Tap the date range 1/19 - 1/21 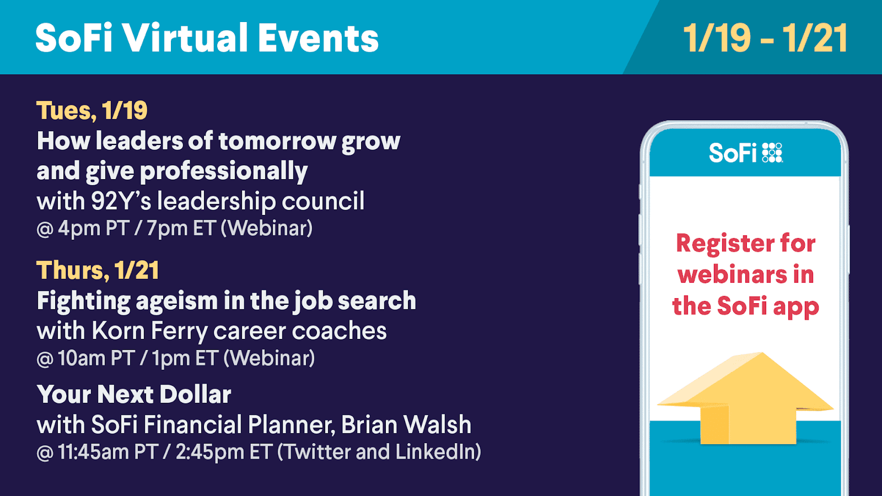point(766,38)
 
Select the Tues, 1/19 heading point(92,111)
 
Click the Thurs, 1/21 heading point(98,270)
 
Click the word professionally point(224,171)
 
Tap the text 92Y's point(121,201)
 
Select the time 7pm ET point(181,229)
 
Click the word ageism point(176,301)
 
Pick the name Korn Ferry point(149,331)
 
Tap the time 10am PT point(96,358)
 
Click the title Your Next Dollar point(134,394)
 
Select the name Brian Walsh point(406,425)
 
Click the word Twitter point(318,451)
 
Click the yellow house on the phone point(745,398)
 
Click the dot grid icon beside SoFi point(772,153)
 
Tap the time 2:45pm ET point(224,451)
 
